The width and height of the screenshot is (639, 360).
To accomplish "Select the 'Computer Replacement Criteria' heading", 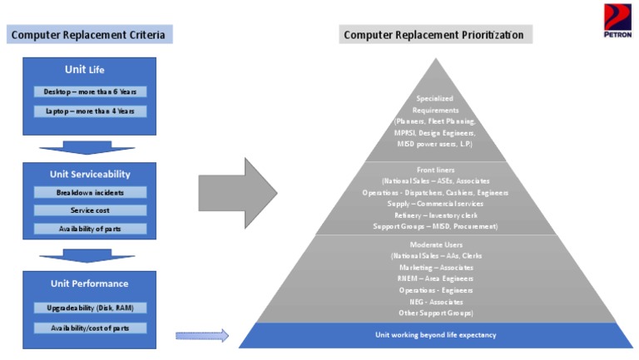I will click(x=92, y=34).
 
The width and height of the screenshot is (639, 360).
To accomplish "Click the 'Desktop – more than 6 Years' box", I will click(x=90, y=91).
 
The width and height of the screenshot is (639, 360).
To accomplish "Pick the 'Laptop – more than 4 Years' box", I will click(x=90, y=111).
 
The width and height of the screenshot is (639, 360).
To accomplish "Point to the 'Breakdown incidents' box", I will click(x=90, y=192).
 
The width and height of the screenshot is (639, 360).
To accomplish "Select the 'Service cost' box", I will click(x=90, y=210).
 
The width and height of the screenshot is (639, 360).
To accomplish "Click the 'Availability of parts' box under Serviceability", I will click(x=90, y=229).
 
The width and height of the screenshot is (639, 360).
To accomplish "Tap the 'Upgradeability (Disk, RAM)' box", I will click(x=90, y=308).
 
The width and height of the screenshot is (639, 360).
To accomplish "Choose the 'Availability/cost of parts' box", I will click(x=90, y=328).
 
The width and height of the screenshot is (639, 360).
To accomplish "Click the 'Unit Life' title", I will click(x=90, y=69).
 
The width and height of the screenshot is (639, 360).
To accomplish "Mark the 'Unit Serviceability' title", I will click(x=90, y=175).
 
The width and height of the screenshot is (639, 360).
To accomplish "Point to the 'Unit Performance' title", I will click(x=90, y=284).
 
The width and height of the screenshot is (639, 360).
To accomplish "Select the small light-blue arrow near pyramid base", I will click(x=201, y=336).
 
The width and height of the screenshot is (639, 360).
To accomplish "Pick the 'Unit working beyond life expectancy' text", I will click(x=436, y=334).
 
